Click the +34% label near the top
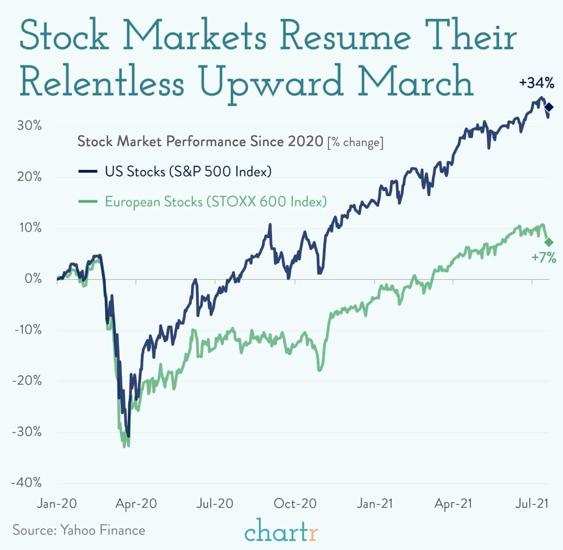pyautogui.click(x=537, y=84)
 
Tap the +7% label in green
pyautogui.click(x=543, y=257)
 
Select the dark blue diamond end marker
pyautogui.click(x=548, y=108)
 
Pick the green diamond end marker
pyautogui.click(x=548, y=242)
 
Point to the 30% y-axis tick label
pyautogui.click(x=29, y=126)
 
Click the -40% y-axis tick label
pyautogui.click(x=27, y=483)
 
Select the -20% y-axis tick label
pyautogui.click(x=27, y=380)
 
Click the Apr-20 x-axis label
pyautogui.click(x=136, y=504)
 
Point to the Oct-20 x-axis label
pyautogui.click(x=295, y=504)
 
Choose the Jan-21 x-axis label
pyautogui.click(x=375, y=504)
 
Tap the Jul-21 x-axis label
pyautogui.click(x=532, y=504)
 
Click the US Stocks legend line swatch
pyautogui.click(x=88, y=172)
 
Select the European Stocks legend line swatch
pyautogui.click(x=88, y=202)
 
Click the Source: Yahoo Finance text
pyautogui.click(x=79, y=530)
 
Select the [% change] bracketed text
pyautogui.click(x=355, y=142)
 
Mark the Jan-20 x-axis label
pyautogui.click(x=57, y=504)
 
